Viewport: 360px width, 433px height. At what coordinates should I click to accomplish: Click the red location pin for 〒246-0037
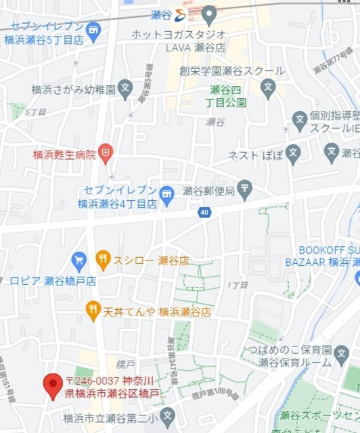53,386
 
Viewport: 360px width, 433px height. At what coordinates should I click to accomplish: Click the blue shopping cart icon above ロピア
79,260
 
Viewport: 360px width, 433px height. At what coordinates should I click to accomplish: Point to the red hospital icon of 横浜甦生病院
105,154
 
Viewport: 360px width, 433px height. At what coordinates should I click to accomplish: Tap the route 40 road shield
204,213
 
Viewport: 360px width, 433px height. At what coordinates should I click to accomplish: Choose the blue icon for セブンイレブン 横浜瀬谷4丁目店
166,195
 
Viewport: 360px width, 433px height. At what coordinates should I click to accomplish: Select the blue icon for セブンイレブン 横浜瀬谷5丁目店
93,30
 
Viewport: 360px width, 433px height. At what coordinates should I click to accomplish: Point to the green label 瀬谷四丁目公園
227,95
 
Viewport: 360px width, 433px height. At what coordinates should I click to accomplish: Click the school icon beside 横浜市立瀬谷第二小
168,415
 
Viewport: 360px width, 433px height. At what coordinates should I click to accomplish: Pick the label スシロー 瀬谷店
151,260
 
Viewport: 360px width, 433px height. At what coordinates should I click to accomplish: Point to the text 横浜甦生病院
64,155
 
